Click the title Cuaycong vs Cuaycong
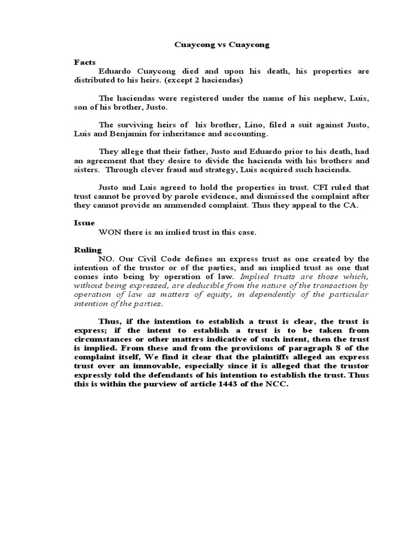coord(221,45)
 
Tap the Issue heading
coord(85,223)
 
